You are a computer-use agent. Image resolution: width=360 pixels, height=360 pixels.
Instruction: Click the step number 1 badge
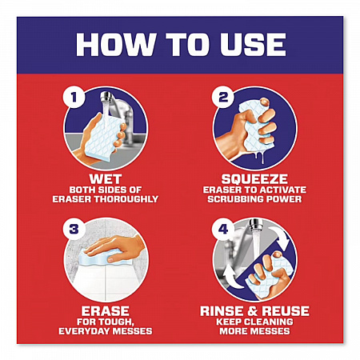tap(74, 98)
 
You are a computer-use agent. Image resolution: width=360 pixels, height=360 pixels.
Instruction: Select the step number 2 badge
tap(223, 98)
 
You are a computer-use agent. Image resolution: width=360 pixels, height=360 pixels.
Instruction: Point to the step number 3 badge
tap(74, 229)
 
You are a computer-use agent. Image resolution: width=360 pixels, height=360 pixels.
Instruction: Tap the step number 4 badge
tap(223, 229)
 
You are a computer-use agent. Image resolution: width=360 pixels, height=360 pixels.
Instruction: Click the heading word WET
tap(106, 179)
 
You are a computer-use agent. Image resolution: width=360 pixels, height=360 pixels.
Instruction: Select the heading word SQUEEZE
tap(254, 179)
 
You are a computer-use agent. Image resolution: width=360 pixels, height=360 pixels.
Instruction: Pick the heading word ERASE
tap(106, 311)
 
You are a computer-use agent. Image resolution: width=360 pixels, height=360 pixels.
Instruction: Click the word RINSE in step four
tap(222, 311)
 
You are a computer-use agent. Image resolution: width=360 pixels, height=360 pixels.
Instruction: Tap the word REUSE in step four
tap(286, 311)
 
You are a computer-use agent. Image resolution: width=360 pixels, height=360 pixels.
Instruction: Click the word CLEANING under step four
tap(267, 322)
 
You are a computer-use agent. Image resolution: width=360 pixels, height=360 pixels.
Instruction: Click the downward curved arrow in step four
tap(281, 238)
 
